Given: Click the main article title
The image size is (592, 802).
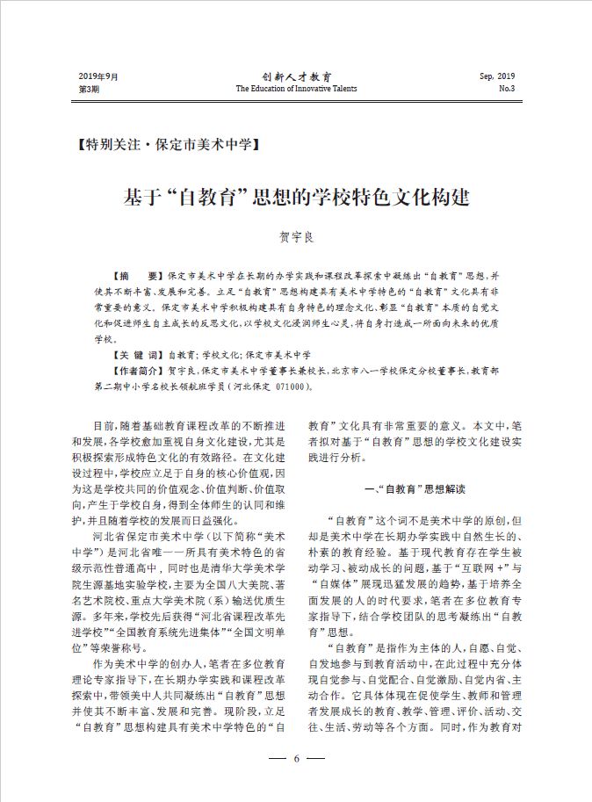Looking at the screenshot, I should coord(296,196).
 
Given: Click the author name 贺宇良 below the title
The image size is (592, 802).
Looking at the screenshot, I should coord(296,237).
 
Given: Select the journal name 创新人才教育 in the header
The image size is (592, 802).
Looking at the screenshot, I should coord(296,77).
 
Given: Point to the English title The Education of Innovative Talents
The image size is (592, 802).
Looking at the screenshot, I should coord(296,89).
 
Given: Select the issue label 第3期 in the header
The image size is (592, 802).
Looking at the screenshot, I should coord(90,89).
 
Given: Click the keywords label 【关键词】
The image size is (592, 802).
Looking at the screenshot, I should coord(134,355).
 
